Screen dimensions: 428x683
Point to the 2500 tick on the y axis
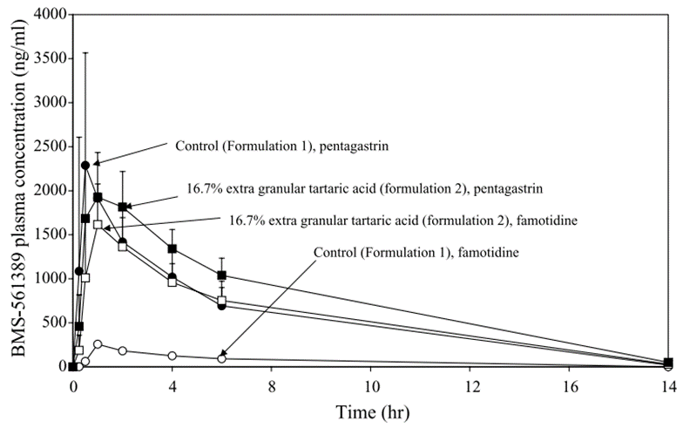70,146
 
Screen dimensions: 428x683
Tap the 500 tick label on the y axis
51,323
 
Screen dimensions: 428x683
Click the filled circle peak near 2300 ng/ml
85,166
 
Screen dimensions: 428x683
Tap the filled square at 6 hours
222,275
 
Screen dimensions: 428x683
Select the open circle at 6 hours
222,358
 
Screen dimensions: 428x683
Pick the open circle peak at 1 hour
98,343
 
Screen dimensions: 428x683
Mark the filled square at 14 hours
668,363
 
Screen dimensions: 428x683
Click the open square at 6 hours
222,301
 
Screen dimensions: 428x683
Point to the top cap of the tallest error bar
85,52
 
